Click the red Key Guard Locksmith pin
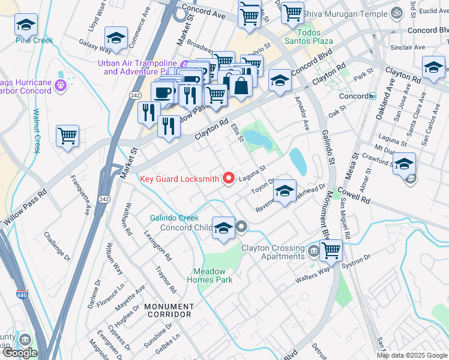228,178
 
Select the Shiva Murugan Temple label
345,13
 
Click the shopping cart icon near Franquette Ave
67,136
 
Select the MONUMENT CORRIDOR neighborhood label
167,310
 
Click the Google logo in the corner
20,353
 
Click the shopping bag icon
241,85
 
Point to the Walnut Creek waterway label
36,131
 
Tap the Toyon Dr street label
262,184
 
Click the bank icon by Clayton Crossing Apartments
313,249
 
